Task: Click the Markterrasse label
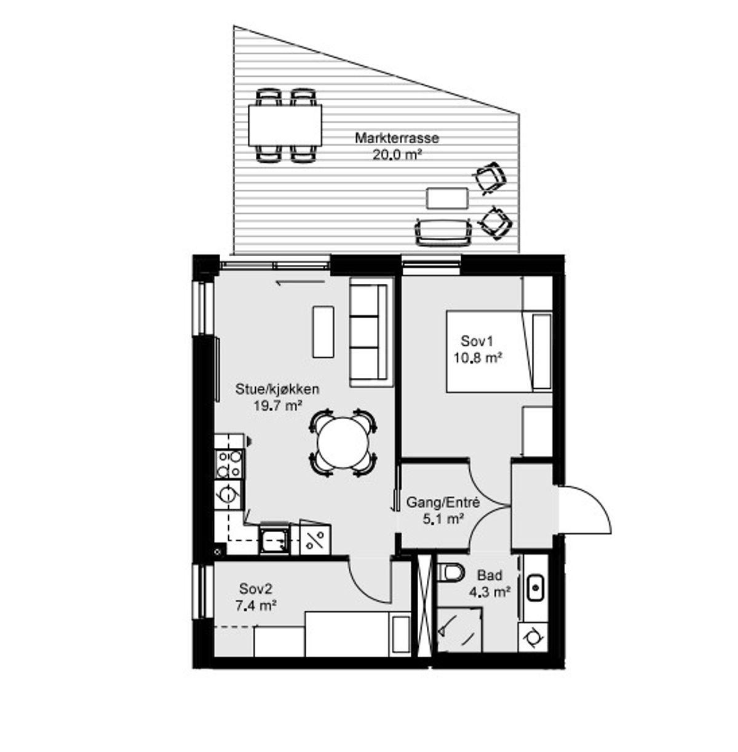[x=397, y=138]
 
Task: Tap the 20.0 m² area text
[x=397, y=155]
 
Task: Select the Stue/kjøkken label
[x=277, y=389]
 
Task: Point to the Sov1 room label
[x=477, y=341]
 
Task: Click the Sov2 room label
[x=256, y=588]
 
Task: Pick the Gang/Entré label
[x=443, y=502]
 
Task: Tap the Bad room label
[x=490, y=575]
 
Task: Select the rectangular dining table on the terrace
[x=285, y=125]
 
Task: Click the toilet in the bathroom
[x=450, y=573]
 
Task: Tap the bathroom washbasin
[x=536, y=587]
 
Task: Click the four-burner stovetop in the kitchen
[x=229, y=464]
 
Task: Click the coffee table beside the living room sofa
[x=323, y=332]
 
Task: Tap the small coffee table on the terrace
[x=447, y=198]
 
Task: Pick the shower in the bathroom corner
[x=459, y=630]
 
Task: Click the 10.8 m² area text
[x=477, y=358]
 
